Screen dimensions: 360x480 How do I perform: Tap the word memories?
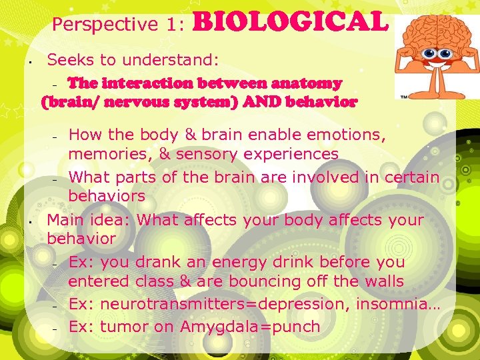point(106,154)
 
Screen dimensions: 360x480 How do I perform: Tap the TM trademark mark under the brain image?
point(405,96)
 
